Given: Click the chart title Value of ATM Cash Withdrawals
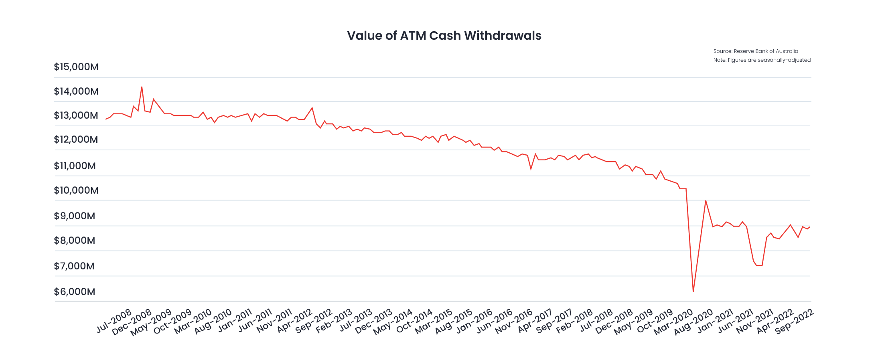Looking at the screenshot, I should click(444, 36).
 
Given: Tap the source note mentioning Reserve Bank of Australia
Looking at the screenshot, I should click(756, 51).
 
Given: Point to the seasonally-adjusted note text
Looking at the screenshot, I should click(762, 60).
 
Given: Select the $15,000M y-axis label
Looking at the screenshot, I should click(76, 67).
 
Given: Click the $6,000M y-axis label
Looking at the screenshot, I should click(75, 292).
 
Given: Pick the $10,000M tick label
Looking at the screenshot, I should click(76, 190).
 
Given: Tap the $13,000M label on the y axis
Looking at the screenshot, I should click(76, 115).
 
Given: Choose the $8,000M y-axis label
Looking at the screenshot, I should click(75, 241).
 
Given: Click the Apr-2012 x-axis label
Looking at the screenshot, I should click(295, 321).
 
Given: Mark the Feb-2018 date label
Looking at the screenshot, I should click(575, 321).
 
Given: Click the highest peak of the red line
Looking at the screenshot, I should click(142, 87).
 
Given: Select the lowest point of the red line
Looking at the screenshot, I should click(693, 291).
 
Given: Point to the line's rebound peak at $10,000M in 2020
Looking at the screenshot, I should click(706, 200).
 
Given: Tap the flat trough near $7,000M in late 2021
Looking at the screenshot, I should click(759, 265).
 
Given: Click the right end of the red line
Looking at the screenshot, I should click(810, 227).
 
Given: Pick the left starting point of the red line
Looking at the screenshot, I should click(106, 119).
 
